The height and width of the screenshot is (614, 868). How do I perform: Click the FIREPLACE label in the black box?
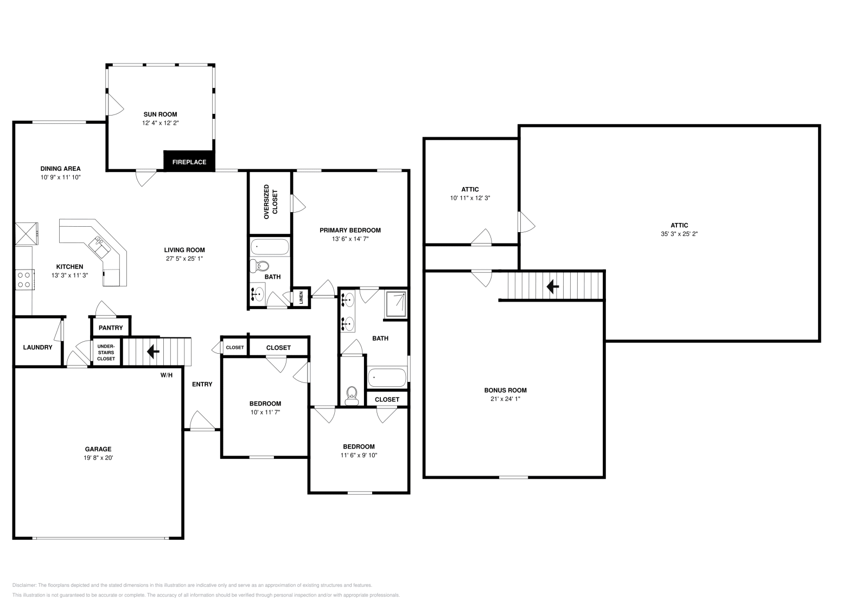coord(189,162)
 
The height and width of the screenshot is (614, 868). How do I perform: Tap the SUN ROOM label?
coord(160,114)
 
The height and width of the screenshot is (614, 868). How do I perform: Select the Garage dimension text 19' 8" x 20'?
coord(98,458)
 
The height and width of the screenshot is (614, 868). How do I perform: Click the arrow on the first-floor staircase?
coord(153,351)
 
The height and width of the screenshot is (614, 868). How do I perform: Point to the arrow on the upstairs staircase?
coord(553,286)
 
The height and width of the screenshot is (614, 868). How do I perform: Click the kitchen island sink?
coord(101,247)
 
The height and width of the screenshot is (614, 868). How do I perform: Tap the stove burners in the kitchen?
coord(24,279)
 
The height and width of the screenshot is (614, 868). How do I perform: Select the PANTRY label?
coord(111,328)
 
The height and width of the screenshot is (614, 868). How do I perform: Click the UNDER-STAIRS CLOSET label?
coord(106,352)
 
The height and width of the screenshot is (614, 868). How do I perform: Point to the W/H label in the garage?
coord(166,375)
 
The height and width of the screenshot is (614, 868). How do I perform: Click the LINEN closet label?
coord(301,297)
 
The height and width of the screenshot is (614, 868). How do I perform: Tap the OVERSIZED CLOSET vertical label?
coord(270,202)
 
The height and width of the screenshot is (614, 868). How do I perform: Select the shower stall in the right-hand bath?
coord(396,304)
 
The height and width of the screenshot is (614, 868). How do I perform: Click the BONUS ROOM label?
coord(505,390)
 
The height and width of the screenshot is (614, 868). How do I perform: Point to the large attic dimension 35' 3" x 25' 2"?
coord(679,234)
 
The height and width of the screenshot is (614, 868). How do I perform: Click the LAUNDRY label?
coord(37,347)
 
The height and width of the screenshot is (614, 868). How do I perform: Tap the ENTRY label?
coord(202,384)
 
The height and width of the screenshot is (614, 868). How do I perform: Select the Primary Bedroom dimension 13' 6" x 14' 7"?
coord(350,239)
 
